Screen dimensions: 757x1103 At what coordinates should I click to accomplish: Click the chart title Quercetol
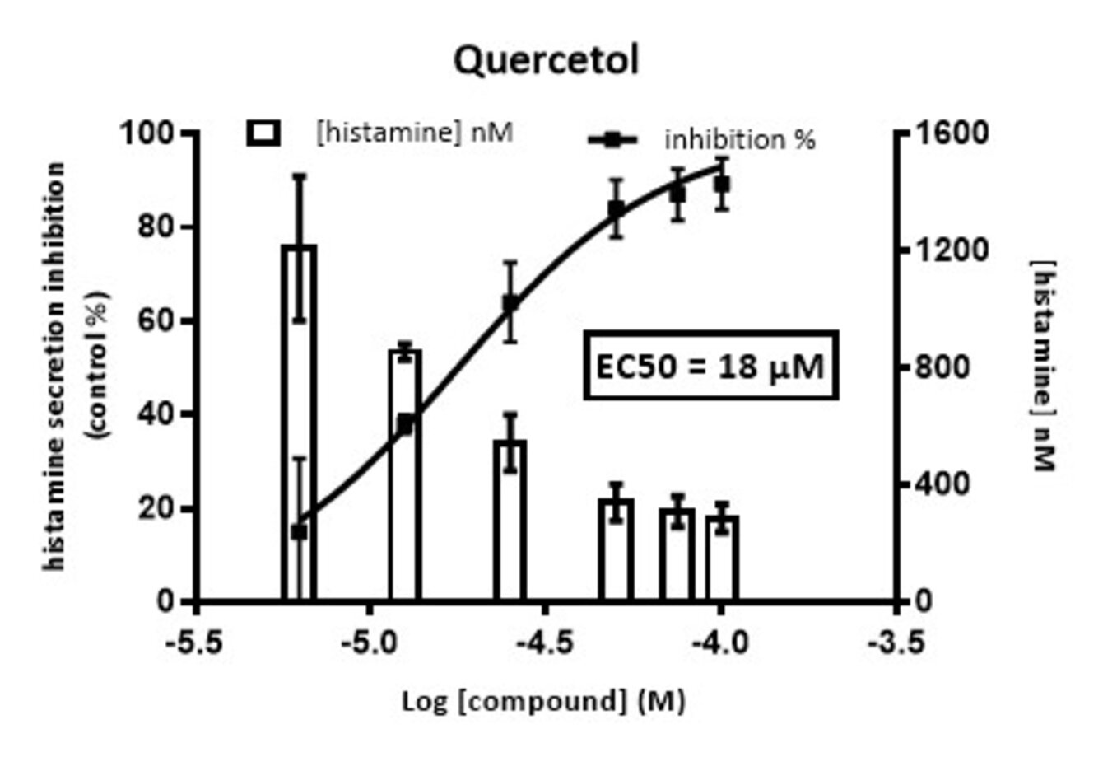pyautogui.click(x=547, y=60)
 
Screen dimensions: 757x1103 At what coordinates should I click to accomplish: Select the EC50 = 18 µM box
pyautogui.click(x=710, y=366)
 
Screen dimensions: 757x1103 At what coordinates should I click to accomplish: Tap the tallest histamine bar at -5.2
pyautogui.click(x=299, y=412)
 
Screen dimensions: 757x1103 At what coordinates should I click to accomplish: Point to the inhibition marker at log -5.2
pyautogui.click(x=299, y=532)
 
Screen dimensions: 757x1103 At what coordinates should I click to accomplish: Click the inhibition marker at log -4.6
pyautogui.click(x=510, y=304)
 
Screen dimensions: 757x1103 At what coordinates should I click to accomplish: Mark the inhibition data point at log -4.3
pyautogui.click(x=616, y=209)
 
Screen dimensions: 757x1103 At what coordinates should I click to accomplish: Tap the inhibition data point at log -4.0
pyautogui.click(x=722, y=185)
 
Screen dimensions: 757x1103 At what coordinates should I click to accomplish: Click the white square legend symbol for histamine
pyautogui.click(x=263, y=133)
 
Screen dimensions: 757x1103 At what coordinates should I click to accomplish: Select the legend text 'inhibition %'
pyautogui.click(x=740, y=140)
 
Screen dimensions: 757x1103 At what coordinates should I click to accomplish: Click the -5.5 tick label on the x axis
pyautogui.click(x=195, y=642)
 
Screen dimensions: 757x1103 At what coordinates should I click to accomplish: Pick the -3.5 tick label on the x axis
pyautogui.click(x=897, y=642)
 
